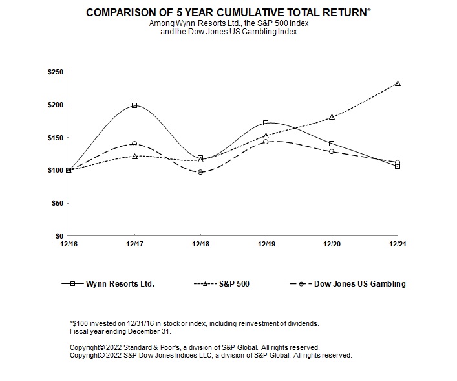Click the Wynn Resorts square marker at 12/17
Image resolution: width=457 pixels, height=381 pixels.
click(x=134, y=105)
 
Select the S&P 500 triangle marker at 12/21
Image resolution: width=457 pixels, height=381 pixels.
click(x=398, y=83)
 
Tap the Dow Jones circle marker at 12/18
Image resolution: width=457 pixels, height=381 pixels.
click(x=200, y=172)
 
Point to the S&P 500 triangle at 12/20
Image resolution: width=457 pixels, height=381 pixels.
click(x=332, y=117)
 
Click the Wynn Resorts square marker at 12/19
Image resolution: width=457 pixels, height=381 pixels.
click(x=266, y=123)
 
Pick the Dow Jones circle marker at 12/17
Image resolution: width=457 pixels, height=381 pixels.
click(x=134, y=144)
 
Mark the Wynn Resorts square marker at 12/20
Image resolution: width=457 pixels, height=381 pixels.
click(x=332, y=144)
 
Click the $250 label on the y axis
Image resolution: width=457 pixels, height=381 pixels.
click(x=55, y=72)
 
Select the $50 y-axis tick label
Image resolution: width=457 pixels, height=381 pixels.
click(x=57, y=203)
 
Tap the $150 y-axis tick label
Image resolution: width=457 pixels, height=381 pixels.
click(x=55, y=138)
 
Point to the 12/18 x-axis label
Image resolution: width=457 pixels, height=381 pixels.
click(x=200, y=244)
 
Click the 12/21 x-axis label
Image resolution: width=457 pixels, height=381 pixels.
click(x=398, y=244)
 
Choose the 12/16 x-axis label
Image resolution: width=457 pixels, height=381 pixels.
click(x=69, y=244)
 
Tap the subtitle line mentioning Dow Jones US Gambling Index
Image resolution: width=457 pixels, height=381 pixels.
click(x=229, y=32)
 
